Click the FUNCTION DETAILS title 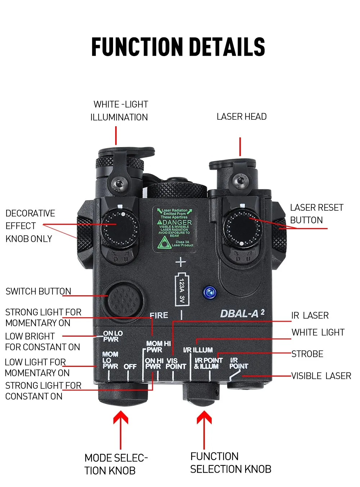coord(178,47)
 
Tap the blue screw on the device coord(210,292)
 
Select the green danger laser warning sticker coord(175,228)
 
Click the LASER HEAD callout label coord(242,117)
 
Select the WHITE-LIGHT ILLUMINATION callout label coord(119,111)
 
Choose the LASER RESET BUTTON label coord(316,214)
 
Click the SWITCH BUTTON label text coord(38,291)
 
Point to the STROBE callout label coord(307,354)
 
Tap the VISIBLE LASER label coord(321,376)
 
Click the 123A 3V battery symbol coord(182,289)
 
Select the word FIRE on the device coord(159,315)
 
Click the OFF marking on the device coord(130,367)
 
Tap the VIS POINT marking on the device coord(176,363)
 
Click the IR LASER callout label coord(310,315)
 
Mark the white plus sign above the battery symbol coord(181,262)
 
